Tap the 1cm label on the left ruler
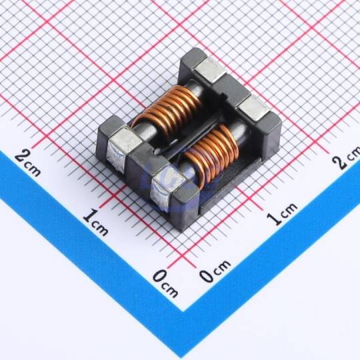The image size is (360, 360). point(95,222)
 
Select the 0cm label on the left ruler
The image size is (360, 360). point(165,283)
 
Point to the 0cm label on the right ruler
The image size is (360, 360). point(215,271)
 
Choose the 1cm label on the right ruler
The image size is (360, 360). point(282,214)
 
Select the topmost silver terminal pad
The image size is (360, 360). point(209,69)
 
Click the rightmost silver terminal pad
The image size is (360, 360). point(254,108)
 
